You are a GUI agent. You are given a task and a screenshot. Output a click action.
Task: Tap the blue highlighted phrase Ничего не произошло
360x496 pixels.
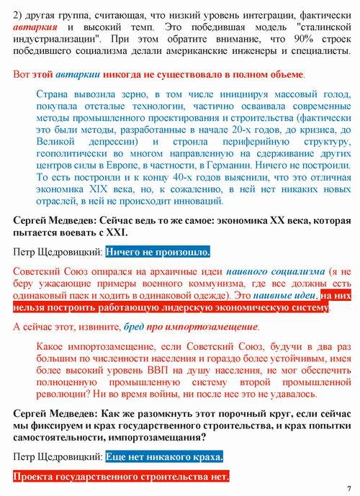158,253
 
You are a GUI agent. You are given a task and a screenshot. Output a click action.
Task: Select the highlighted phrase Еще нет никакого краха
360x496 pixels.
164,457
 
